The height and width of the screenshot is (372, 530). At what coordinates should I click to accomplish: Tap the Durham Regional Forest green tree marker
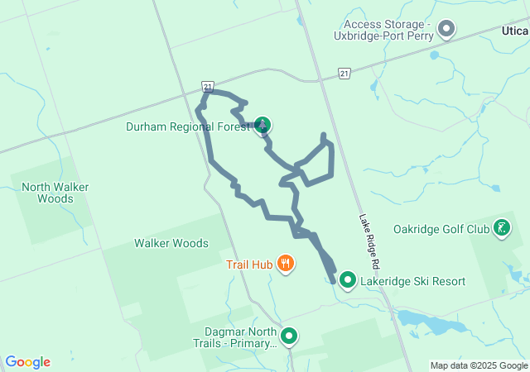pyautogui.click(x=263, y=126)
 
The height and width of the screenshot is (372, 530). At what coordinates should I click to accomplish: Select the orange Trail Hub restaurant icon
pyautogui.click(x=286, y=264)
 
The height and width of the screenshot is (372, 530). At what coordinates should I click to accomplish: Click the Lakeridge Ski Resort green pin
pyautogui.click(x=348, y=280)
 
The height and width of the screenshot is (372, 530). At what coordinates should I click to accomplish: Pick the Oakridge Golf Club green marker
pyautogui.click(x=502, y=227)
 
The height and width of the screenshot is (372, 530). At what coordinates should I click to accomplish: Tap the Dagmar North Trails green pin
pyautogui.click(x=289, y=336)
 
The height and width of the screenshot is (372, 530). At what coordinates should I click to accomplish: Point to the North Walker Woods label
pyautogui.click(x=55, y=193)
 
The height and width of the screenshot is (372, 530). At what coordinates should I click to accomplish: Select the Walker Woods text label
pyautogui.click(x=171, y=243)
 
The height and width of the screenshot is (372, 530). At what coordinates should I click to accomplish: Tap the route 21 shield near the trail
pyautogui.click(x=207, y=86)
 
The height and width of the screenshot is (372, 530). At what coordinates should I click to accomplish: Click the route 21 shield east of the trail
pyautogui.click(x=344, y=74)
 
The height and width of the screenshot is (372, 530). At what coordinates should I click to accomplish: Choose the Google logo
pyautogui.click(x=28, y=362)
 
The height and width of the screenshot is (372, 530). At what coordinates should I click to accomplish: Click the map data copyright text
pyautogui.click(x=479, y=365)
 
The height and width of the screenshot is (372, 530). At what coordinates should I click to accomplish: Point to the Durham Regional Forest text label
pyautogui.click(x=187, y=127)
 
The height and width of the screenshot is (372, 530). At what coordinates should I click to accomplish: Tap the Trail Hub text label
pyautogui.click(x=249, y=265)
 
